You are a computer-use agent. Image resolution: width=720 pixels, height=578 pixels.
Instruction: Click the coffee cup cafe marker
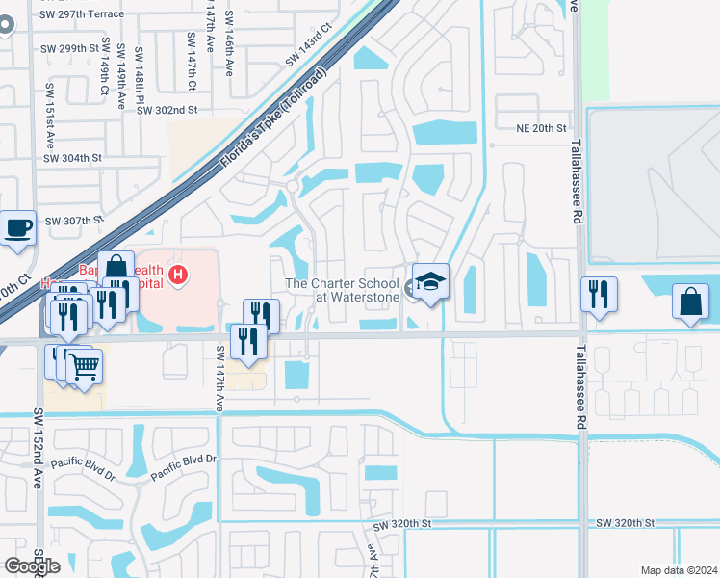pos(18,228)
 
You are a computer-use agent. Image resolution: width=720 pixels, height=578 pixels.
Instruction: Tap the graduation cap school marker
pos(430,281)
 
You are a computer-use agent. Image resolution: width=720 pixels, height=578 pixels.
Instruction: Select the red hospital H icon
pos(177,276)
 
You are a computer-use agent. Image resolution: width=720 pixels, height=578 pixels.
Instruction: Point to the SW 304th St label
pos(72,158)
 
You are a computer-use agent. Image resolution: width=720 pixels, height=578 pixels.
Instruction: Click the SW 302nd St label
pos(167,111)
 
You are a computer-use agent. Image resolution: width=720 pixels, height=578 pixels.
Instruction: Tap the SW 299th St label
pos(70,48)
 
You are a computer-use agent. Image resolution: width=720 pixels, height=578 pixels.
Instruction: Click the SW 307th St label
pos(73,221)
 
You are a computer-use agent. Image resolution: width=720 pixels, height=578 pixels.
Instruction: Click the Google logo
pos(32,566)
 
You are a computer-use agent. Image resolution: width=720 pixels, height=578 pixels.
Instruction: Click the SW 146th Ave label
pos(229,43)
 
